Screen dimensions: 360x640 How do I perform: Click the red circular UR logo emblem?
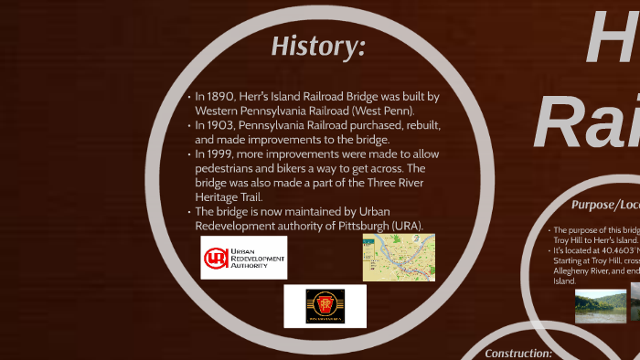217,259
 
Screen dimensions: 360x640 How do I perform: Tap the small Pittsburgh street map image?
399,257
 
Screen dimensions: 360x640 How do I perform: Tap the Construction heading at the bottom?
518,353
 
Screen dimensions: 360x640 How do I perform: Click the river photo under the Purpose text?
600,305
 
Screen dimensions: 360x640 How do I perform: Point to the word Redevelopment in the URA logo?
258,258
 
